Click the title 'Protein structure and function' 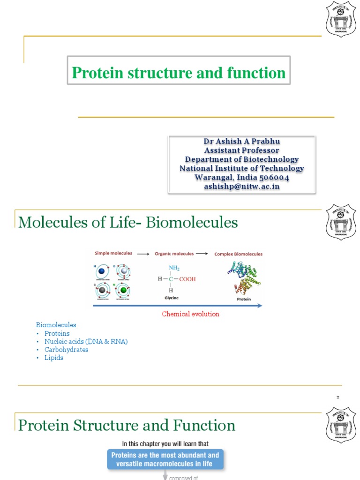(179, 73)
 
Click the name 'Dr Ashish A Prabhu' (241, 141)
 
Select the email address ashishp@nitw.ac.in (241, 186)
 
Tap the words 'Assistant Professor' (241, 150)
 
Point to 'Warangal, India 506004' (241, 177)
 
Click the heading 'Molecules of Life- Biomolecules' (128, 222)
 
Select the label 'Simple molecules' (113, 253)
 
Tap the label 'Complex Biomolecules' (238, 254)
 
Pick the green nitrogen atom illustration (123, 291)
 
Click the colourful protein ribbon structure (243, 278)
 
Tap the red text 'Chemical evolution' (190, 314)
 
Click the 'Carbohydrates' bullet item (66, 350)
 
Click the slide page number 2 (337, 397)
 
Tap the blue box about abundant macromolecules (165, 459)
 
